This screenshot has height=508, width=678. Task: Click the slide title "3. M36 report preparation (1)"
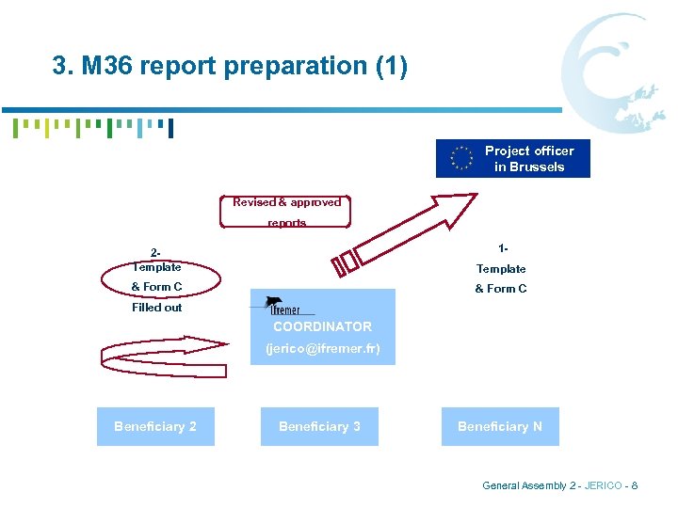230,67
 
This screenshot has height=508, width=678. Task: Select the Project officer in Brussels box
513,159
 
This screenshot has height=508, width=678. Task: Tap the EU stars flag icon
461,159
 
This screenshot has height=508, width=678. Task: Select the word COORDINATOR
322,327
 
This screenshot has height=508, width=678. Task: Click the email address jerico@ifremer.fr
322,348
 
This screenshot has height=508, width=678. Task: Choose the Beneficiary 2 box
155,426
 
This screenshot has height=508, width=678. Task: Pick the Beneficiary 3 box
319,426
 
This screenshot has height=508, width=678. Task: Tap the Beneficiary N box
499,426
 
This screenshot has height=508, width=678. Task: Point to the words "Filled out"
156,308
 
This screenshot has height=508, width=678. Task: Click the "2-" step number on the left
156,253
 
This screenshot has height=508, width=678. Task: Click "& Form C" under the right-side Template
500,289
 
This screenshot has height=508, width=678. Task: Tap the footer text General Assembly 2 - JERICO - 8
559,485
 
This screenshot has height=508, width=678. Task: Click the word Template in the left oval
156,268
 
